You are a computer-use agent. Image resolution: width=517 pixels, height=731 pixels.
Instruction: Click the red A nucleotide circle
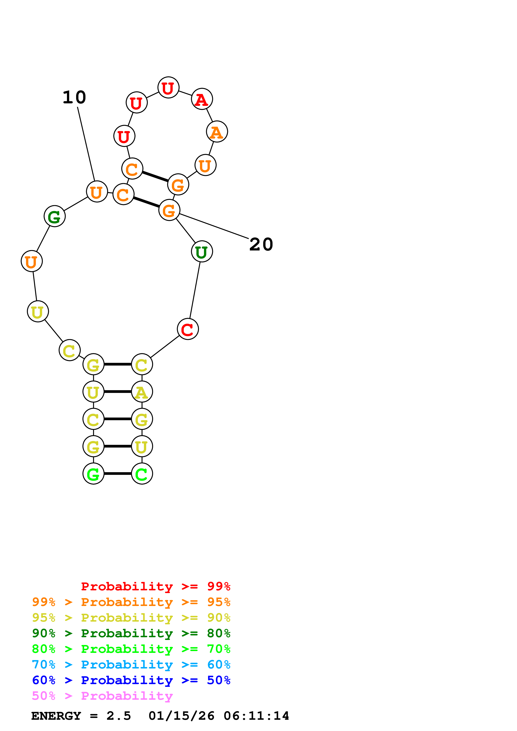tap(202, 99)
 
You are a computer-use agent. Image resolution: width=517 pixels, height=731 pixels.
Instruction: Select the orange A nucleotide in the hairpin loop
tap(217, 132)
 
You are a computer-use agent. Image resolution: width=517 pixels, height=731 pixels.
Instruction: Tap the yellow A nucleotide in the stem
tap(142, 392)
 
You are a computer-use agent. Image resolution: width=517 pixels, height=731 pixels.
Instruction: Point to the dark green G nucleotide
tap(54, 216)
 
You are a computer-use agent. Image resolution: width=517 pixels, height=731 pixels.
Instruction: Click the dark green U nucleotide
tap(202, 252)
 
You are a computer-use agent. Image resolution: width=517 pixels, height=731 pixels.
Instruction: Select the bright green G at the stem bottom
tap(93, 474)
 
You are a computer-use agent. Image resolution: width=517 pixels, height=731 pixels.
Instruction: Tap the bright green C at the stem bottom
tap(142, 474)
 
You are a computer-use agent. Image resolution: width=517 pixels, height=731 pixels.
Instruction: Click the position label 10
tap(74, 98)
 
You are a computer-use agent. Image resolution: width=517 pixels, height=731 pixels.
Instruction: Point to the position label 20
tap(261, 244)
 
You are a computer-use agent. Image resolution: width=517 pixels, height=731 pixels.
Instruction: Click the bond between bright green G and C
tap(118, 474)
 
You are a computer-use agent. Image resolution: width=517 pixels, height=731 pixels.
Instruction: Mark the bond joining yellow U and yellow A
tap(118, 392)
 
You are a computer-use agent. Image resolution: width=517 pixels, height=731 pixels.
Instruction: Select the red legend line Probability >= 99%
tap(155, 586)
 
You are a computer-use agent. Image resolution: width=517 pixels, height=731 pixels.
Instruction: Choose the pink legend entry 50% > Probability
tap(102, 696)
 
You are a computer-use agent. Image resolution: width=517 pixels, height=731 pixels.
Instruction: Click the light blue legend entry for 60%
tap(131, 665)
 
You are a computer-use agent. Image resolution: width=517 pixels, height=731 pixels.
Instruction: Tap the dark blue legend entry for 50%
tap(131, 680)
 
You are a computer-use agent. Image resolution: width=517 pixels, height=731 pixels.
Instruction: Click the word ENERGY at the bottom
tap(56, 716)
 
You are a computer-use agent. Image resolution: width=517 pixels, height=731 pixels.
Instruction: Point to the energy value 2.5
tap(118, 716)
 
